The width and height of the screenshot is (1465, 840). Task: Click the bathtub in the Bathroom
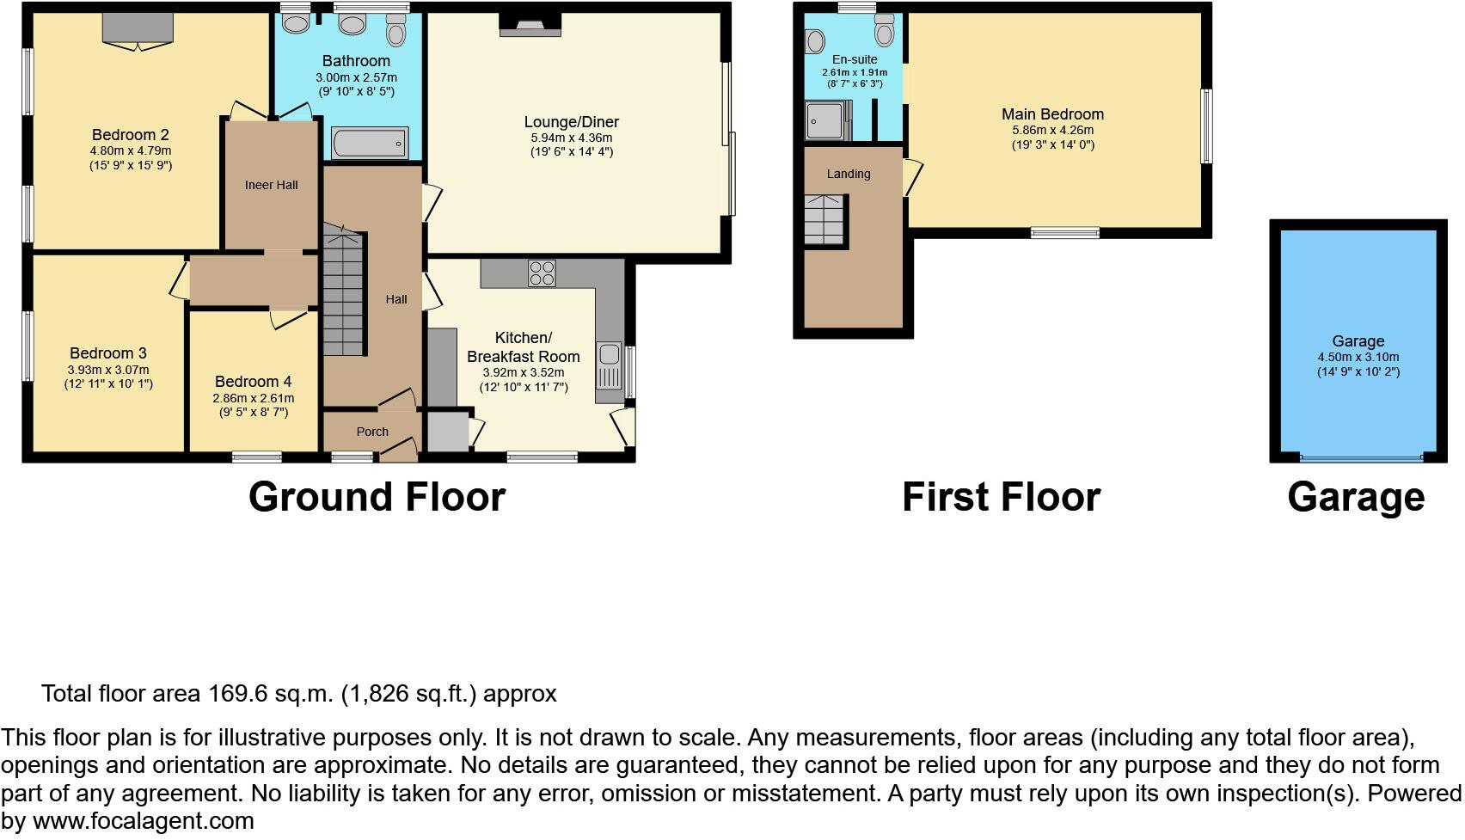click(370, 143)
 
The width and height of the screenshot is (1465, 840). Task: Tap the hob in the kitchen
click(542, 273)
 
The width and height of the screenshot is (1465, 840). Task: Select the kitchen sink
click(609, 365)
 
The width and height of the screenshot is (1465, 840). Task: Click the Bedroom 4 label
click(253, 382)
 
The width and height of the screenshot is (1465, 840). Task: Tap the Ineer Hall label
click(271, 185)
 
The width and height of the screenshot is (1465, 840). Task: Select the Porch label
click(372, 432)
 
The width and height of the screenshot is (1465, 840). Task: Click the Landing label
click(849, 174)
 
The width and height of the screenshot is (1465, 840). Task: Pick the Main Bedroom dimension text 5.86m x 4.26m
click(1052, 130)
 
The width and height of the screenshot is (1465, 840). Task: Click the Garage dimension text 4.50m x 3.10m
click(1358, 357)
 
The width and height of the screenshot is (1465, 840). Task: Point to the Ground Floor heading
click(377, 497)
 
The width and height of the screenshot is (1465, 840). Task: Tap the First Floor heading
click(1001, 497)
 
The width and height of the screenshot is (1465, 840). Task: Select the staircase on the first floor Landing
click(825, 219)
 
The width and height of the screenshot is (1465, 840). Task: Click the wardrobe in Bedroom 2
click(138, 28)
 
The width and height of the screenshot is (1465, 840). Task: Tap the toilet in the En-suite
click(884, 32)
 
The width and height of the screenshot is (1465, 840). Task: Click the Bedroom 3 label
click(108, 353)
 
